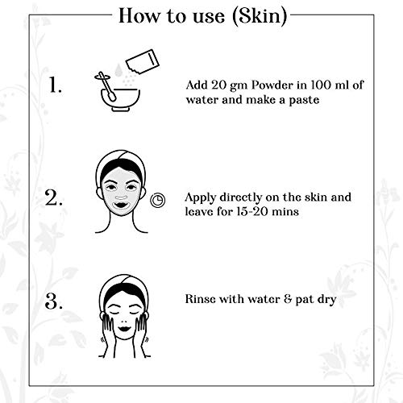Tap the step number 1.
pyautogui.click(x=56, y=85)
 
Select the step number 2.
pyautogui.click(x=54, y=198)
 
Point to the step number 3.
pyautogui.click(x=54, y=301)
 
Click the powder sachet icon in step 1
pyautogui.click(x=143, y=62)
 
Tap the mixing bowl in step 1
pyautogui.click(x=121, y=100)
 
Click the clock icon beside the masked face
pyautogui.click(x=157, y=200)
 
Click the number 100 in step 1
pyautogui.click(x=321, y=85)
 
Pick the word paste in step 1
pyautogui.click(x=304, y=101)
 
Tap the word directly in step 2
pyautogui.click(x=241, y=197)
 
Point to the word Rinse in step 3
pyautogui.click(x=200, y=299)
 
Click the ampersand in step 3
pyautogui.click(x=288, y=299)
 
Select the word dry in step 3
pyautogui.click(x=326, y=300)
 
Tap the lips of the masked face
pyautogui.click(x=120, y=206)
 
